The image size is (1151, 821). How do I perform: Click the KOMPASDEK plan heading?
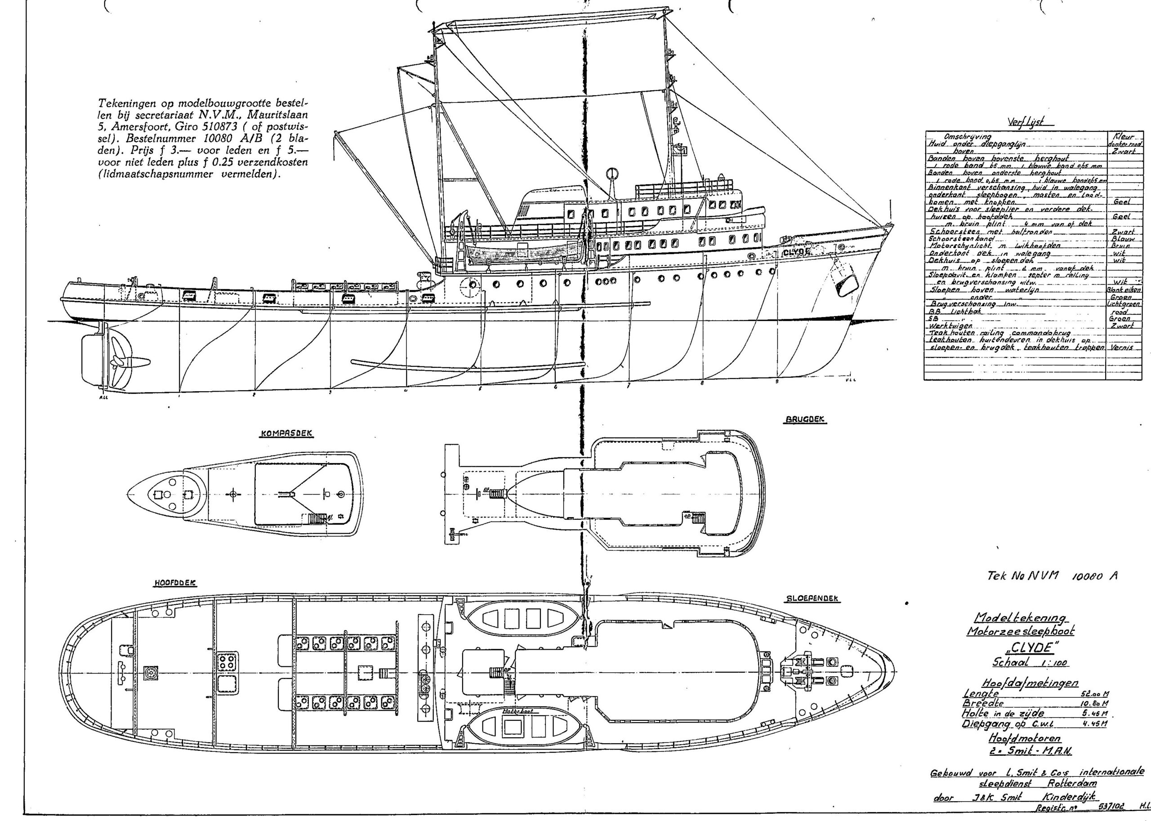point(286,434)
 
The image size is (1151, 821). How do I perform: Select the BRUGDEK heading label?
point(806,420)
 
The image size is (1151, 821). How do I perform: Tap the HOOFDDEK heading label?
point(174,583)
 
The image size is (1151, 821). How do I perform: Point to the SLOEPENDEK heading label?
point(813,598)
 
